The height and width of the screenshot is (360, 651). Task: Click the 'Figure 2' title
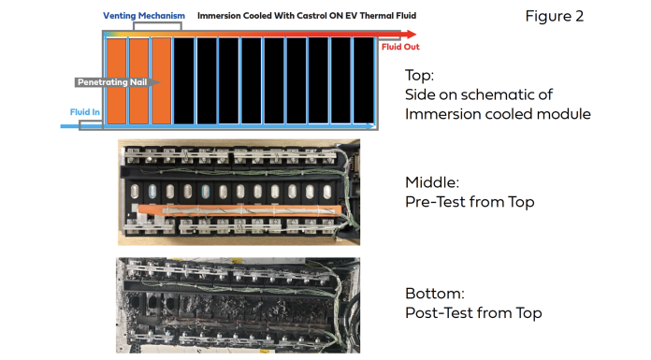(555, 16)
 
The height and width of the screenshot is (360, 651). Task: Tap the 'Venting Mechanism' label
(144, 16)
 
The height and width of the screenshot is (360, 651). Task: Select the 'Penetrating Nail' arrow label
(112, 82)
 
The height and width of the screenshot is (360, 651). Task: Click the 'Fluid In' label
(85, 112)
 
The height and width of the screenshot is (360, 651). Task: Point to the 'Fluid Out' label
(400, 47)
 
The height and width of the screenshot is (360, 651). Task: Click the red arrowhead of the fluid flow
(411, 34)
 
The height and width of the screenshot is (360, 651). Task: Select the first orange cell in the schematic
(117, 81)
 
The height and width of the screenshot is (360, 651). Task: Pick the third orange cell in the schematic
(162, 81)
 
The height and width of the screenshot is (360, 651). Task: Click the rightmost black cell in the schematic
(364, 81)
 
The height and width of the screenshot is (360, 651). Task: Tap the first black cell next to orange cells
(184, 81)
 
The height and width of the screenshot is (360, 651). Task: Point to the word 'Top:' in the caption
(419, 75)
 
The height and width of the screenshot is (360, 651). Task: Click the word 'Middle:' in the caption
(432, 182)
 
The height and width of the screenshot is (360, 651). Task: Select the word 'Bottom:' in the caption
(435, 294)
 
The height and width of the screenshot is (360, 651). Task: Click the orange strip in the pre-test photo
(240, 209)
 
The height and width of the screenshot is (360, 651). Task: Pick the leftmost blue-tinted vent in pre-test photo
(152, 191)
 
